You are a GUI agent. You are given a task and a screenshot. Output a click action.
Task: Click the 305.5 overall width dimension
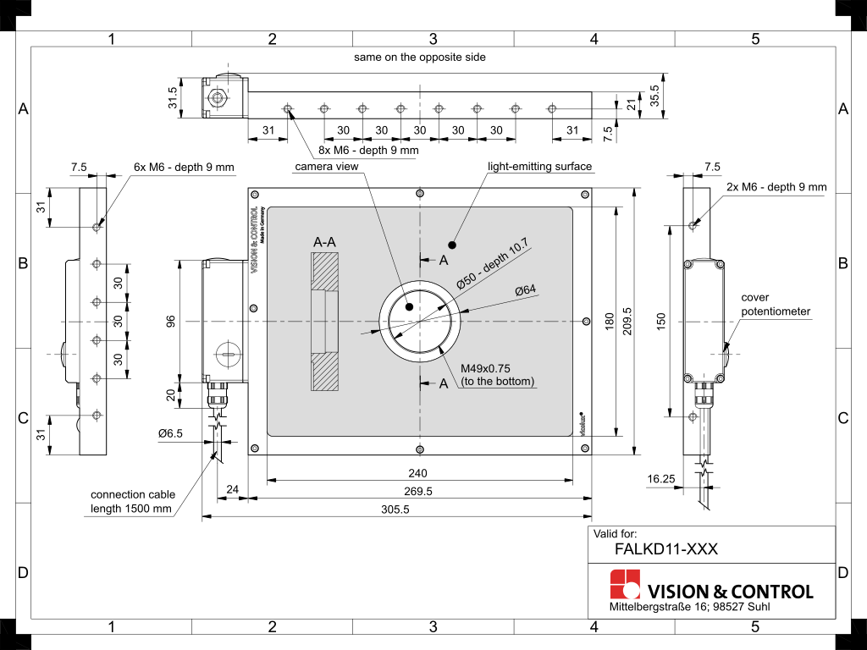[x=395, y=510]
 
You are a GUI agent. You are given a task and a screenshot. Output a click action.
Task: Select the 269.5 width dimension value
[x=418, y=491]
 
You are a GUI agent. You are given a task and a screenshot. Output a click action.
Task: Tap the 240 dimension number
[x=418, y=473]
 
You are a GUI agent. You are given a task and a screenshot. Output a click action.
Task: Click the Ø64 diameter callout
[x=526, y=290]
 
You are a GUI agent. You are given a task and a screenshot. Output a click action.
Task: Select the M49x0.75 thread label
[x=486, y=369]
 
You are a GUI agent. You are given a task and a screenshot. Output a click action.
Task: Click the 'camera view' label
[x=326, y=167]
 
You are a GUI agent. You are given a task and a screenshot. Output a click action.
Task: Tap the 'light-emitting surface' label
[x=539, y=167]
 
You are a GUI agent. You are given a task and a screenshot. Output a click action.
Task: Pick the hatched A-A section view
[x=325, y=322]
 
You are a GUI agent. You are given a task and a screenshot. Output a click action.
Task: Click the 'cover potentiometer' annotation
[x=776, y=305]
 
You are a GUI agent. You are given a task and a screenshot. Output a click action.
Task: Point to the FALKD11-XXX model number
[x=666, y=548]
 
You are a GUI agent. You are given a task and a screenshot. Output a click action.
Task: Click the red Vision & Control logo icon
[x=625, y=585]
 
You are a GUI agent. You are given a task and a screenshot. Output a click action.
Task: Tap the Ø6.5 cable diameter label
[x=170, y=433]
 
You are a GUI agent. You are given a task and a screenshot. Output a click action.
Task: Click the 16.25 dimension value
[x=660, y=478]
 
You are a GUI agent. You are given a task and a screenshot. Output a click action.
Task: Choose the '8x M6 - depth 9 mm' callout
[x=368, y=151]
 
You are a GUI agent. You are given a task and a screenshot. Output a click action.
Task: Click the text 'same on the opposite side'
[x=420, y=57]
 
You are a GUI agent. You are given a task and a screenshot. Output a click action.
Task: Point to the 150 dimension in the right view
[x=661, y=321]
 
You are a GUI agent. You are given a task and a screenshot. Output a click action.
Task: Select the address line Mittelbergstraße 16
[x=690, y=608]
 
